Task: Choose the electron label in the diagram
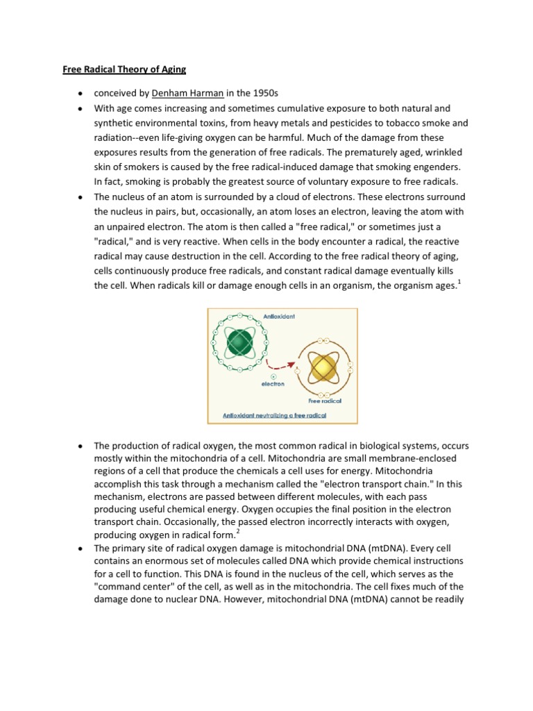pos(272,383)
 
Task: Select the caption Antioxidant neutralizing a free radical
pos(274,415)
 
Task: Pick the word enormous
pos(172,560)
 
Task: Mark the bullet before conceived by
pos(81,94)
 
